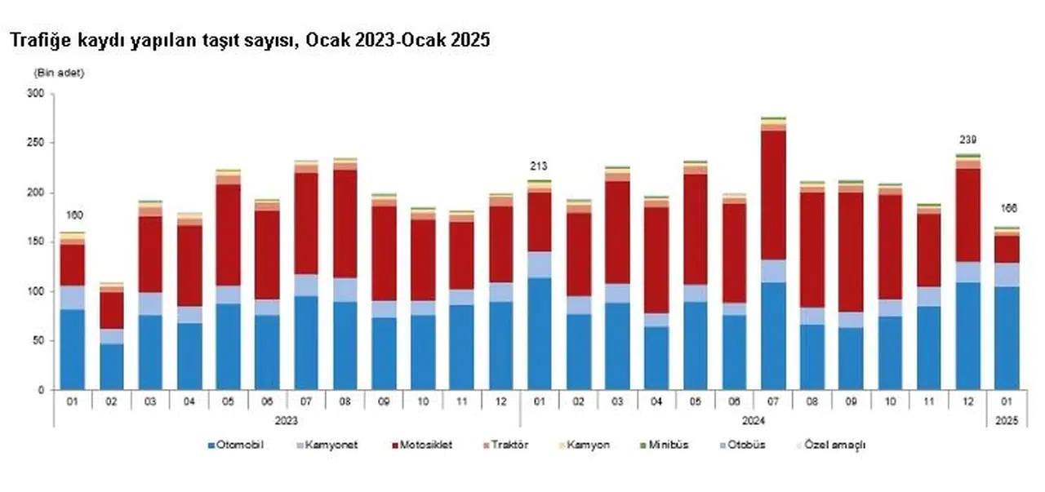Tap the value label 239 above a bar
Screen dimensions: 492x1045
(967, 140)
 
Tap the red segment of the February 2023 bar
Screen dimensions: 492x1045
(111, 310)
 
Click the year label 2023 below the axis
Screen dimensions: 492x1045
(286, 420)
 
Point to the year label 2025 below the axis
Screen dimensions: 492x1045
(1007, 420)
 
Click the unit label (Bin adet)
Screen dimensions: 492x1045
(58, 73)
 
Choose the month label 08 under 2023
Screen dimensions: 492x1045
(345, 401)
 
